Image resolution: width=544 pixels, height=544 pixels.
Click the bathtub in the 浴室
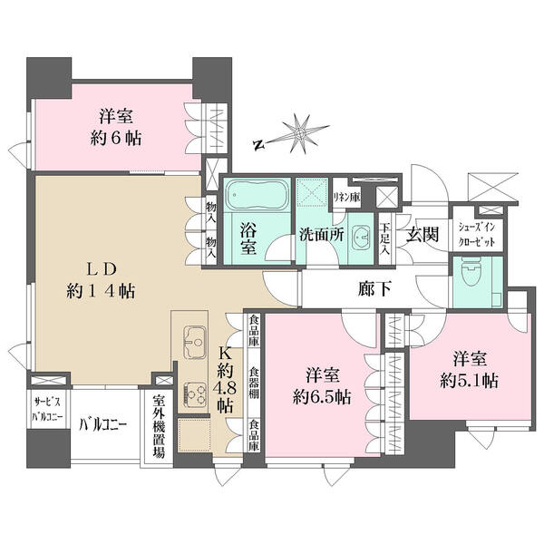[x=257, y=195]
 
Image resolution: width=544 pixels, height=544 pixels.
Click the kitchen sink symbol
[x=195, y=342]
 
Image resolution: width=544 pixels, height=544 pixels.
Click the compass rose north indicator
[x=257, y=146]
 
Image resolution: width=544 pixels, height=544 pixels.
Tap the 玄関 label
[x=423, y=235]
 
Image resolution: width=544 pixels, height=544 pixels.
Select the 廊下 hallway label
[x=375, y=288]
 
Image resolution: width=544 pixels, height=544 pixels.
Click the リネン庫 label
[x=346, y=198]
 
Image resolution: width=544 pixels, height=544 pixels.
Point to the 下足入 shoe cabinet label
[x=384, y=239]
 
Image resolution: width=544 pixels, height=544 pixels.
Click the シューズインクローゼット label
[x=477, y=235]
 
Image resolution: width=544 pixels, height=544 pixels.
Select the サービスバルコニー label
[x=47, y=410]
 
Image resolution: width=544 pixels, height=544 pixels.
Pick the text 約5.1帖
[x=470, y=381]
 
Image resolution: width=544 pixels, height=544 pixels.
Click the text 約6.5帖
[x=322, y=397]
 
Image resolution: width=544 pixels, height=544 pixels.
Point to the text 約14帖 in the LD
[x=101, y=291]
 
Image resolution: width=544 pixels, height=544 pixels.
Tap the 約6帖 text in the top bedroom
[x=116, y=139]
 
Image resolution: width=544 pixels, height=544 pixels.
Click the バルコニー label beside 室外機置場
[x=103, y=424]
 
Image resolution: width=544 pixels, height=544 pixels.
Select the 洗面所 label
[x=322, y=235]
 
